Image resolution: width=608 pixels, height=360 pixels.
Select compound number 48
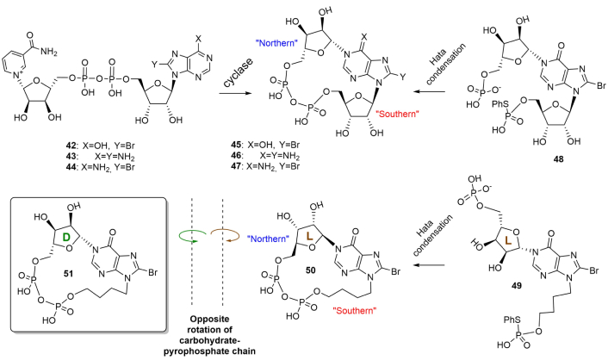pos(559,159)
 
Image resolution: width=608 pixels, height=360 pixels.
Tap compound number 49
pos(516,286)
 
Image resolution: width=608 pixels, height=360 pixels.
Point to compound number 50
pos(311,270)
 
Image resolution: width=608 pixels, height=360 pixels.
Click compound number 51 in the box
pos(69,274)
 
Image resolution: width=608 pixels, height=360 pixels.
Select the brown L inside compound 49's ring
pos(509,241)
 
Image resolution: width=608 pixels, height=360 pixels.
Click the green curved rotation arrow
pos(192,236)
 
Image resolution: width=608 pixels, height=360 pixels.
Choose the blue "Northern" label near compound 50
pos(269,239)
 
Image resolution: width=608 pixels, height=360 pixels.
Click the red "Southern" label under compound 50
pos(355,310)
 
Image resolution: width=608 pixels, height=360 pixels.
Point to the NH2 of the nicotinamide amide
pos(49,52)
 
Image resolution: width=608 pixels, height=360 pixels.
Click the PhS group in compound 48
pos(499,104)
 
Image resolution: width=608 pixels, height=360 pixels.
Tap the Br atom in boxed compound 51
pos(152,272)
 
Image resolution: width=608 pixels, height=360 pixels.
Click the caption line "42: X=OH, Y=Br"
pos(100,146)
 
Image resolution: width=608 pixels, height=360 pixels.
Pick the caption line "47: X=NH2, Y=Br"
pos(265,166)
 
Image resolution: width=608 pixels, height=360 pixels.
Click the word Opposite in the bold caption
pos(209,319)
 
